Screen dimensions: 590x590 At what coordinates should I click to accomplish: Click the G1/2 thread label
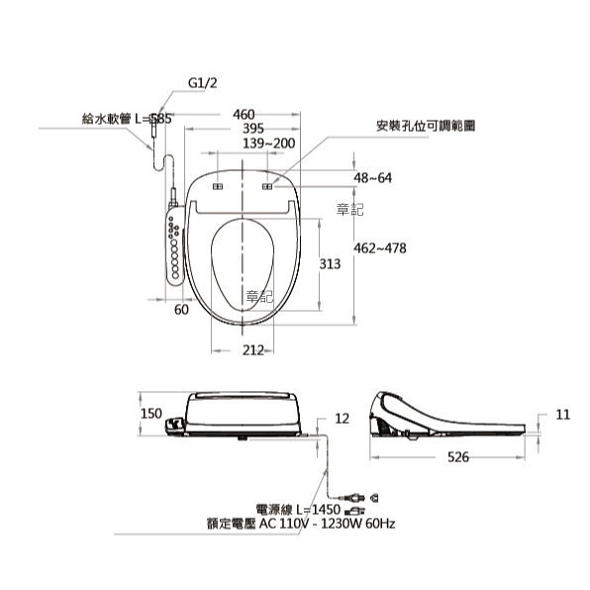click(x=202, y=83)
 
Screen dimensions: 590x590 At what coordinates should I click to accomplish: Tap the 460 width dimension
click(x=244, y=115)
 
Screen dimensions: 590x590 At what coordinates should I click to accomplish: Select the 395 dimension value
click(x=252, y=129)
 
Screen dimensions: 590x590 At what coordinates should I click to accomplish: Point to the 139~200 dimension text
click(x=268, y=144)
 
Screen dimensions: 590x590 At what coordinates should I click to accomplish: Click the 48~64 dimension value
click(x=372, y=177)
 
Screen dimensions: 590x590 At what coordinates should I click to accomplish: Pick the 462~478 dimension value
click(x=380, y=248)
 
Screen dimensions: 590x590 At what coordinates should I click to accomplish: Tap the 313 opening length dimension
click(x=330, y=264)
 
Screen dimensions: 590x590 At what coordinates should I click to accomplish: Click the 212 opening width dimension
click(x=252, y=350)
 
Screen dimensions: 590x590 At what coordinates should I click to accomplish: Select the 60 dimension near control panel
click(x=181, y=310)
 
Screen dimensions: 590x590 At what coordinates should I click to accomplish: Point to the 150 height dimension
click(x=151, y=414)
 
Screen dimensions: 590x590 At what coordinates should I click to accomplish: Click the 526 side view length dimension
click(x=458, y=457)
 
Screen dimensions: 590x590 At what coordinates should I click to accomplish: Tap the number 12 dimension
click(x=342, y=419)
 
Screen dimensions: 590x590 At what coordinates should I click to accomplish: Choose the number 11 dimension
click(x=563, y=415)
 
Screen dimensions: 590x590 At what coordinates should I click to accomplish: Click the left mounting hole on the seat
click(x=218, y=187)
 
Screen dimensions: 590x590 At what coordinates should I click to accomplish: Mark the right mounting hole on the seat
click(x=267, y=187)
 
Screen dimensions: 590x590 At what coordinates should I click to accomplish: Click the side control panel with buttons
click(x=174, y=246)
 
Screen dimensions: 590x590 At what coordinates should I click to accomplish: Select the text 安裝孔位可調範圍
click(x=426, y=126)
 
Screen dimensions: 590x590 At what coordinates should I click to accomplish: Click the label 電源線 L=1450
click(x=298, y=510)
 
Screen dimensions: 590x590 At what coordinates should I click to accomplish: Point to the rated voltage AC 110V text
click(x=301, y=524)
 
